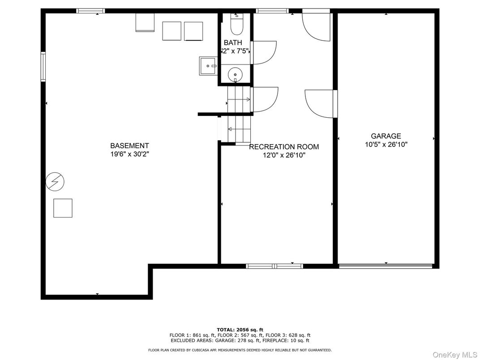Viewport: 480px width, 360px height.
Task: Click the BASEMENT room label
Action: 129,146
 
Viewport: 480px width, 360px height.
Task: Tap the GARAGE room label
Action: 386,136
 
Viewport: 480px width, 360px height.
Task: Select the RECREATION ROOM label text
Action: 284,147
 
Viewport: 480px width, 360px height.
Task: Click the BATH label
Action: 233,43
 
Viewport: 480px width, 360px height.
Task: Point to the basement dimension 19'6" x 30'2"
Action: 129,154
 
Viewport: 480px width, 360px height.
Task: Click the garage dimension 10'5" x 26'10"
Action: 386,145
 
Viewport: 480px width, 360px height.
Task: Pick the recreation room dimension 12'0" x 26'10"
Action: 284,155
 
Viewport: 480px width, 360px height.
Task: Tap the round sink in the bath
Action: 235,75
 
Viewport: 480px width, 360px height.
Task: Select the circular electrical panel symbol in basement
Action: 55,181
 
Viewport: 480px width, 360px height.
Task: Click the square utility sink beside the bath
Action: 208,66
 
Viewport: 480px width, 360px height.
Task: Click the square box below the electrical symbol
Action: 63,208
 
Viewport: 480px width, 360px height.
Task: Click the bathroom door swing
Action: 264,52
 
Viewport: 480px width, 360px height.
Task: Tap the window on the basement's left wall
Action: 43,66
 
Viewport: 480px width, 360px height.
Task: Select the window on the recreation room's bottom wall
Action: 274,266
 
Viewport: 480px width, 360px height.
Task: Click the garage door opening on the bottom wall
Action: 386,266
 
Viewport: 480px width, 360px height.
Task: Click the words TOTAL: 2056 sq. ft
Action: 240,330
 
